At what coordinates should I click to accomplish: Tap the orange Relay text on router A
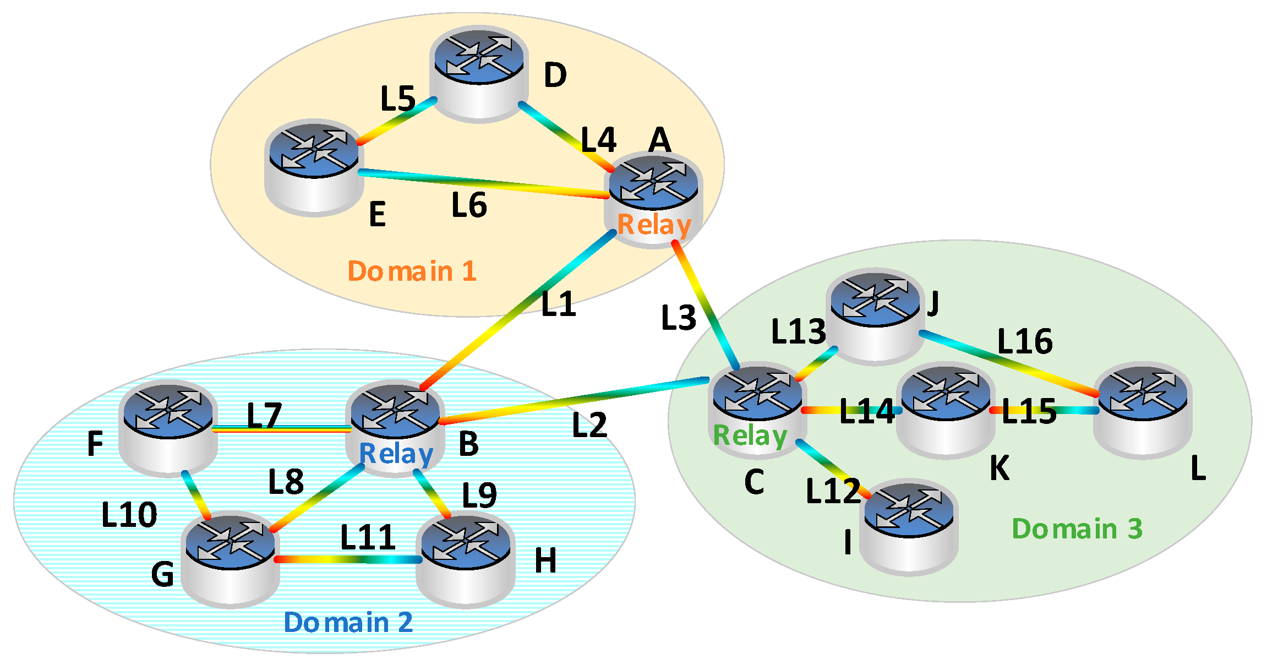[654, 225]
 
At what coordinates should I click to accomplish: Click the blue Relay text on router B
[396, 454]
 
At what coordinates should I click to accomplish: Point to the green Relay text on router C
[750, 435]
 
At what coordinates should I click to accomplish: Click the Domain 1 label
[412, 271]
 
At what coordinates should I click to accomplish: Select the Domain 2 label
[348, 622]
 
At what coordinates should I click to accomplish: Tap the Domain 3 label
[1077, 529]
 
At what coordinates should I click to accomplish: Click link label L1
[558, 304]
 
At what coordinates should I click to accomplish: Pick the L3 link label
[678, 318]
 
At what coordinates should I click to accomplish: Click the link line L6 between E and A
[484, 183]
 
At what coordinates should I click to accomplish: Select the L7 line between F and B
[281, 428]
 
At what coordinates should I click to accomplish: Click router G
[230, 559]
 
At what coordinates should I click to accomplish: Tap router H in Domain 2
[465, 559]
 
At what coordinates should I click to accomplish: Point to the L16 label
[1025, 341]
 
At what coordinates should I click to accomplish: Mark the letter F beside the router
[95, 443]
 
